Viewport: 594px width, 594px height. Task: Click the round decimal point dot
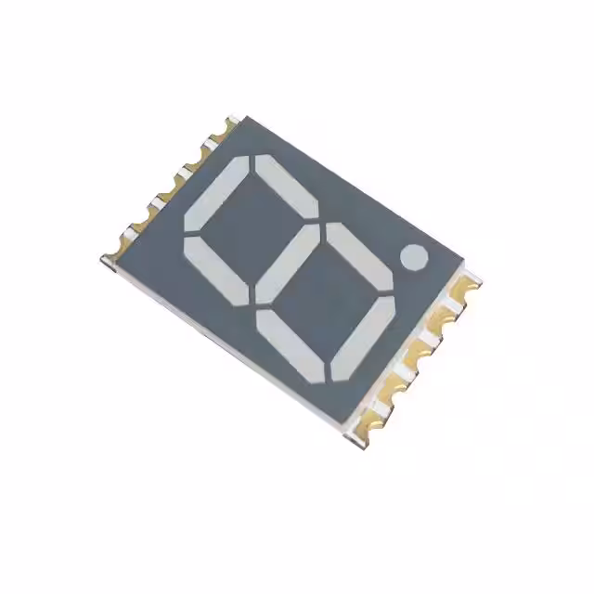414,256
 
